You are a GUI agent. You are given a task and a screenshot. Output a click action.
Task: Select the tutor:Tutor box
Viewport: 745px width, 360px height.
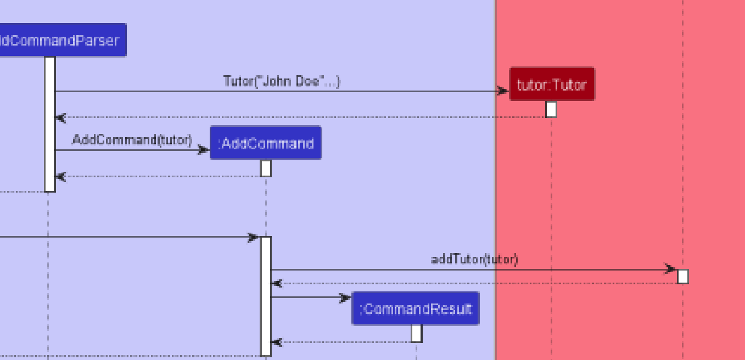(x=552, y=85)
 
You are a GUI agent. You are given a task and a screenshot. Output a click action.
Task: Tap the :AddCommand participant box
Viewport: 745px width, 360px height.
(x=266, y=143)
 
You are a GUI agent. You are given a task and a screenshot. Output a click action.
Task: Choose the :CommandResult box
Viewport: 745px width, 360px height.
(x=416, y=309)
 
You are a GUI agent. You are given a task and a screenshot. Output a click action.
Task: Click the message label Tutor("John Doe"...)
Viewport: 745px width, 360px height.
(x=282, y=81)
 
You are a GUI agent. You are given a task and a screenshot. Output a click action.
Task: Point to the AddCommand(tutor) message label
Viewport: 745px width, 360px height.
(x=132, y=139)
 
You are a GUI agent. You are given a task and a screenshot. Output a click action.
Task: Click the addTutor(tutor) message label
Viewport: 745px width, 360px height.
(x=474, y=259)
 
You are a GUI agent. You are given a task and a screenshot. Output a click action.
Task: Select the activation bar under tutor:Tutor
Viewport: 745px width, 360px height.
(x=551, y=109)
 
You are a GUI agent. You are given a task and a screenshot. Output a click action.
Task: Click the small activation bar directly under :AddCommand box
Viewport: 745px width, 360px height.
(x=266, y=168)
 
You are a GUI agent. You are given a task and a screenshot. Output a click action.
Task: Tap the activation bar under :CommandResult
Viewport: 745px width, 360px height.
(x=416, y=333)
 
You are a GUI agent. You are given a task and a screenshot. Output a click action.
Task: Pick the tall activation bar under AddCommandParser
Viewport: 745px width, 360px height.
(x=50, y=123)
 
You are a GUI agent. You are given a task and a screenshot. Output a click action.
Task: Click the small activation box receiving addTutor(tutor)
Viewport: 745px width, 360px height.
(x=682, y=276)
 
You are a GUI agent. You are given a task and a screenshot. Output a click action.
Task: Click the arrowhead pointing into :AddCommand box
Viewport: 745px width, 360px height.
(x=203, y=150)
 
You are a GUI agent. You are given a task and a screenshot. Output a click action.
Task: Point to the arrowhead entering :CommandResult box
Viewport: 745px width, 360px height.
(x=345, y=298)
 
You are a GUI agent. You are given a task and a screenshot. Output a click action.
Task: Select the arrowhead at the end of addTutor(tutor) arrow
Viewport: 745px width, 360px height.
(x=670, y=269)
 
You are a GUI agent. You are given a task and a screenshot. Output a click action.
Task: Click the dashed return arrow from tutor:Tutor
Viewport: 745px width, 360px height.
(x=302, y=117)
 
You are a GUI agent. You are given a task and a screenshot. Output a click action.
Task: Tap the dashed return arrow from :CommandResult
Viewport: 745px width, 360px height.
(x=343, y=342)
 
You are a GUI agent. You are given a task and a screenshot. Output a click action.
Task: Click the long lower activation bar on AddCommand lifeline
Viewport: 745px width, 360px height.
(x=266, y=296)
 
